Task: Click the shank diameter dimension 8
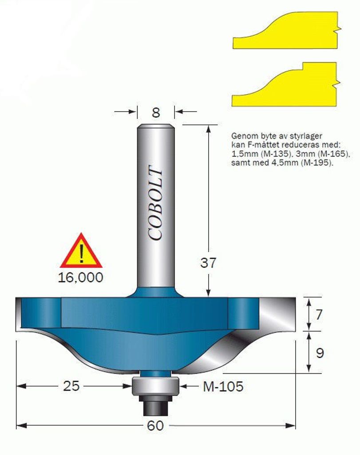[x=156, y=112]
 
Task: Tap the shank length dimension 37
[x=208, y=263]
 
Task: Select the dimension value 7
[x=319, y=314]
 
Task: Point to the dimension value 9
[x=320, y=353]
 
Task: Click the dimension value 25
[x=71, y=386]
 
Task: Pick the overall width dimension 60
[x=155, y=426]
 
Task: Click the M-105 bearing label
[x=223, y=386]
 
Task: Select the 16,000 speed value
[x=81, y=277]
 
